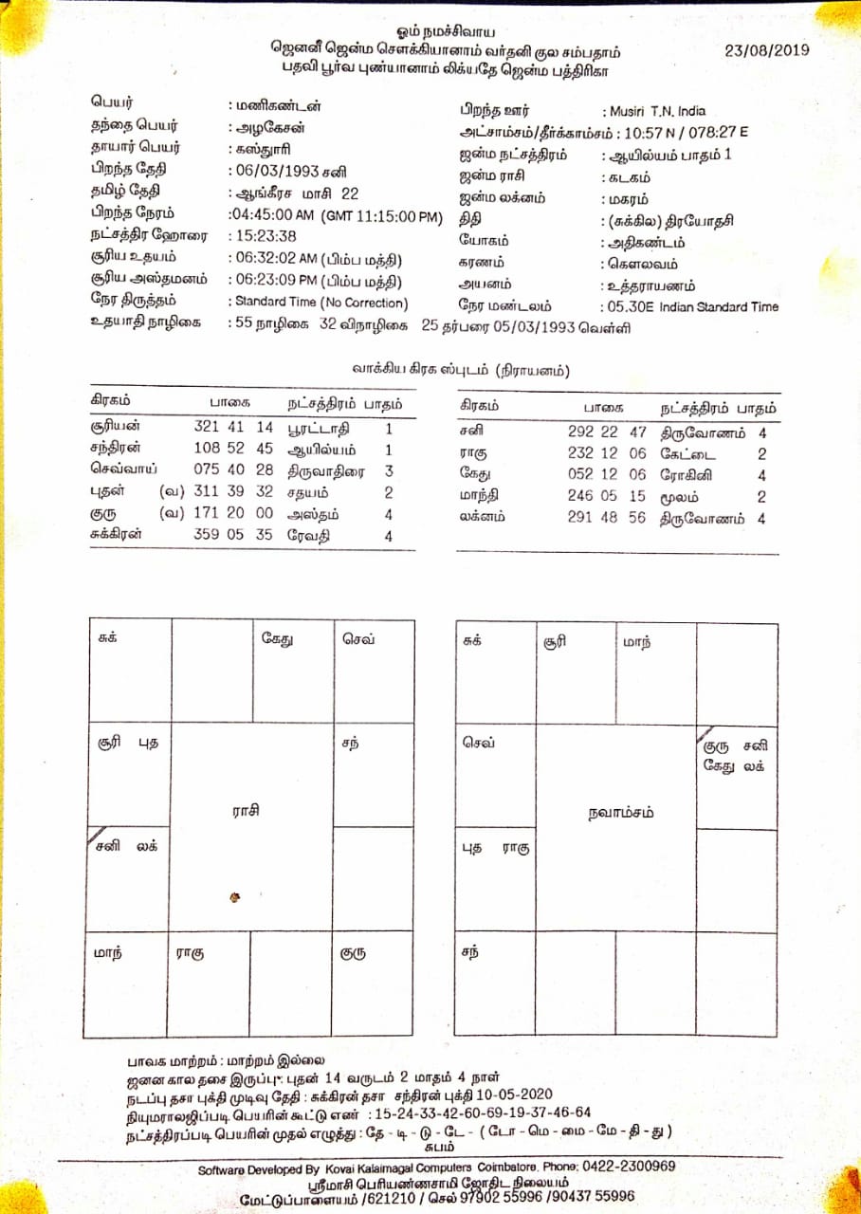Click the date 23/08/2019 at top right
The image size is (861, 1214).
(766, 50)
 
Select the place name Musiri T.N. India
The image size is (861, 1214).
(653, 111)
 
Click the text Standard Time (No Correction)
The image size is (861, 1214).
(320, 303)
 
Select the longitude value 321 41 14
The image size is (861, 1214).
(233, 428)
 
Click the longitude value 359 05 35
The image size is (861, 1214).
(233, 534)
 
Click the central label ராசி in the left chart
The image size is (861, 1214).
(247, 811)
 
